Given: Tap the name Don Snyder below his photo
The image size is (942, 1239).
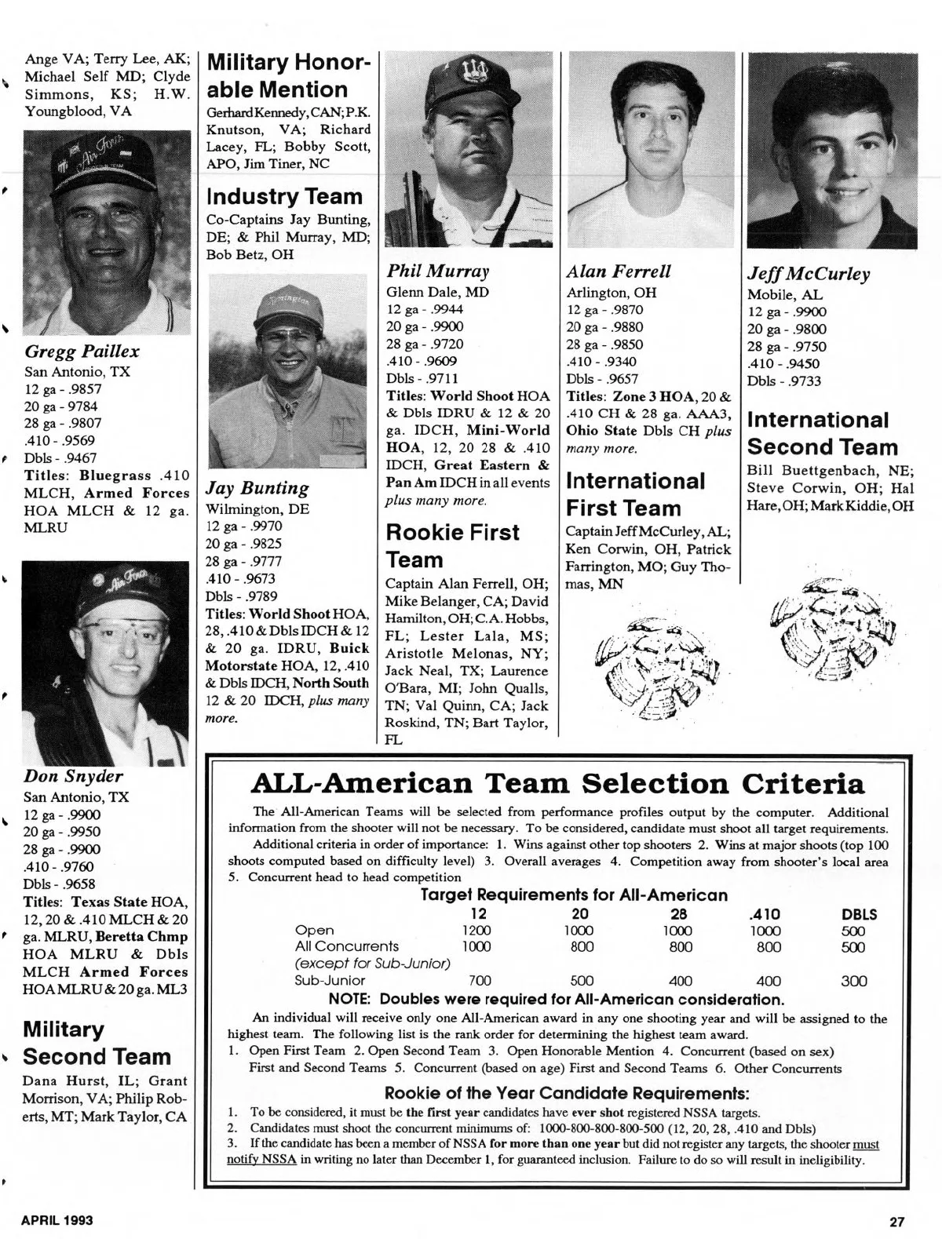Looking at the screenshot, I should pos(73,776).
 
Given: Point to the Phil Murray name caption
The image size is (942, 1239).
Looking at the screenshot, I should pos(438,271).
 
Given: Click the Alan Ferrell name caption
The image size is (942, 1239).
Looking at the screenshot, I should pos(619,271).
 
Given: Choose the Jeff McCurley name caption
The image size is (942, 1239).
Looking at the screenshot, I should pos(809,274).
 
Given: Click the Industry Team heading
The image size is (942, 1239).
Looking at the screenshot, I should pos(284,196).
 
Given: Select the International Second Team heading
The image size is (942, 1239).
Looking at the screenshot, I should pos(822,433).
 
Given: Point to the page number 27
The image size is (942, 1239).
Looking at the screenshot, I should pos(898,1221).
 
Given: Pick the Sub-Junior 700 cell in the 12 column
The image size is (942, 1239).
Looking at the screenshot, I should pos(480,980).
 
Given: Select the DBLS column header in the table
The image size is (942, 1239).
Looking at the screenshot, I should pos(859,914).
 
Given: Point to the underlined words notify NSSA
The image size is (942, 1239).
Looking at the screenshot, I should pos(261,1160).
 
